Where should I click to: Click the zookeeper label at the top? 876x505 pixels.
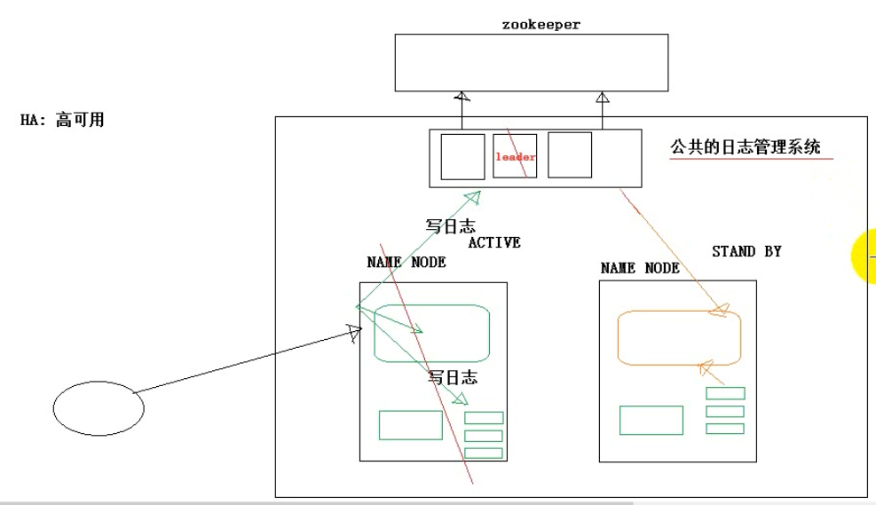(541, 25)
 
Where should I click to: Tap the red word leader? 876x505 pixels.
(516, 157)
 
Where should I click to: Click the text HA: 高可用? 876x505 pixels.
(62, 120)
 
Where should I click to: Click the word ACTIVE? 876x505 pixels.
(493, 242)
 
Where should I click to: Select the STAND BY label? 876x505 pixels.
(746, 251)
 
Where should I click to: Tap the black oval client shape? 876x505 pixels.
(99, 407)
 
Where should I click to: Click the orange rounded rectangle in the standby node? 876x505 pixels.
(678, 338)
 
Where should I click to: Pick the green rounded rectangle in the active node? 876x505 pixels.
(433, 333)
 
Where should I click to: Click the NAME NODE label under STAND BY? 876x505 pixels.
(640, 267)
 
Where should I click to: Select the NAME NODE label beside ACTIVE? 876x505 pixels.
(406, 263)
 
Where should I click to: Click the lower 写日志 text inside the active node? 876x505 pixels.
(453, 378)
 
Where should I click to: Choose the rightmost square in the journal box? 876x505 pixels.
(569, 155)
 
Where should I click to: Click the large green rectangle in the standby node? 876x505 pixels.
(651, 420)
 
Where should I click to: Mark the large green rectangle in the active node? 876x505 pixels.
(410, 425)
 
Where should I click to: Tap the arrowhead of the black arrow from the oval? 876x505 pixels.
(354, 333)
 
